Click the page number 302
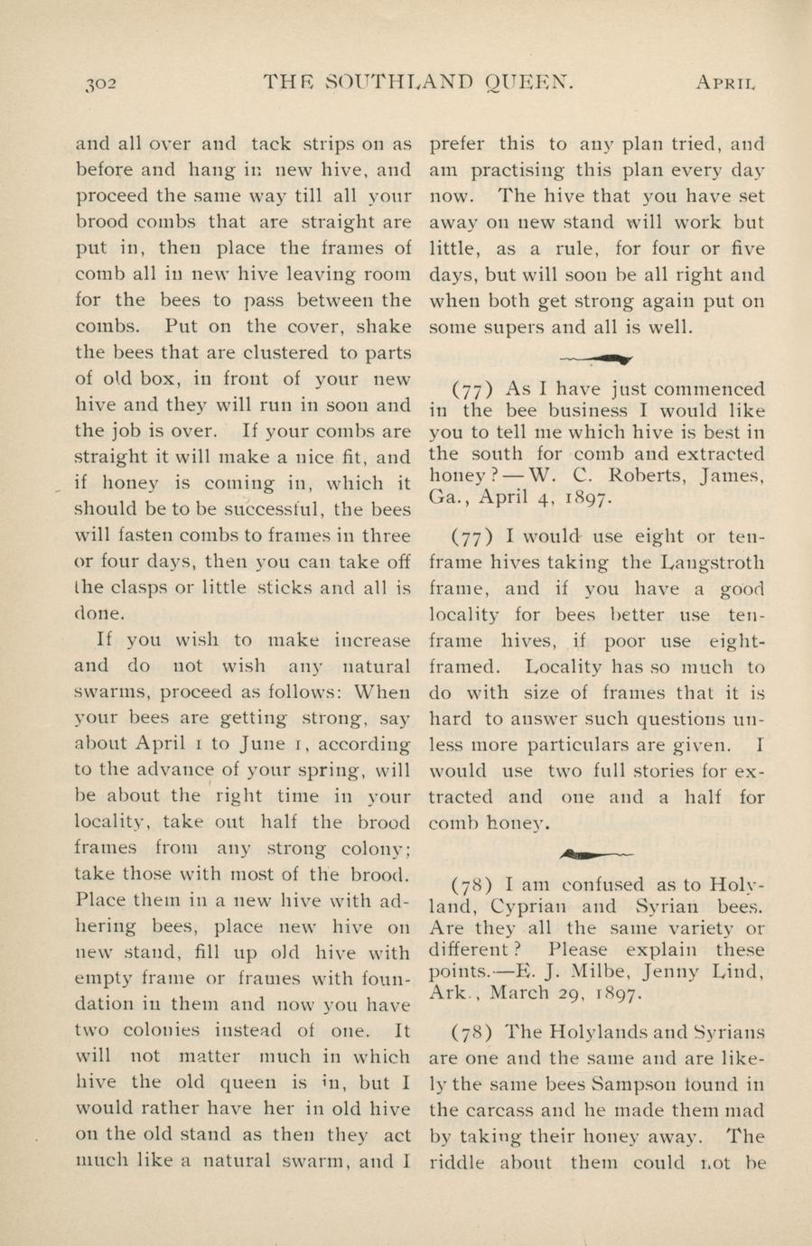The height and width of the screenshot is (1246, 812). (98, 84)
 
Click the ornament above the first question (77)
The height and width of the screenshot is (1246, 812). (597, 357)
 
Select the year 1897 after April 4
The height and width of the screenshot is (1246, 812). (590, 496)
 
